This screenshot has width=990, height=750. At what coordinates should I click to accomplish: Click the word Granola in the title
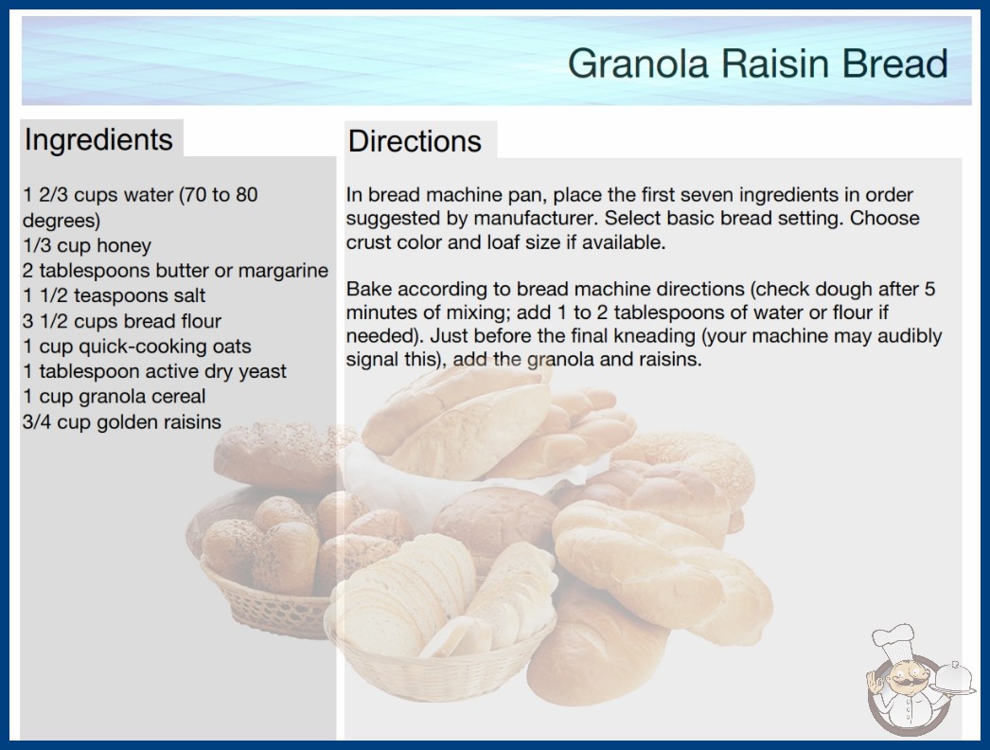638,63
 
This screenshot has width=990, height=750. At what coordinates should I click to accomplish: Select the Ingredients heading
98,140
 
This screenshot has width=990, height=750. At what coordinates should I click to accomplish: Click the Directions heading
415,141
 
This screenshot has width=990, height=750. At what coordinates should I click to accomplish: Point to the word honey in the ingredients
124,245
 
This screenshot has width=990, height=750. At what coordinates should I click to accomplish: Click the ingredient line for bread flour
122,321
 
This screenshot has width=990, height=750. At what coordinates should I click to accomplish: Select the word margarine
283,271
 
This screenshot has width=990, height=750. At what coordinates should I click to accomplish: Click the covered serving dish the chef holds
953,679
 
